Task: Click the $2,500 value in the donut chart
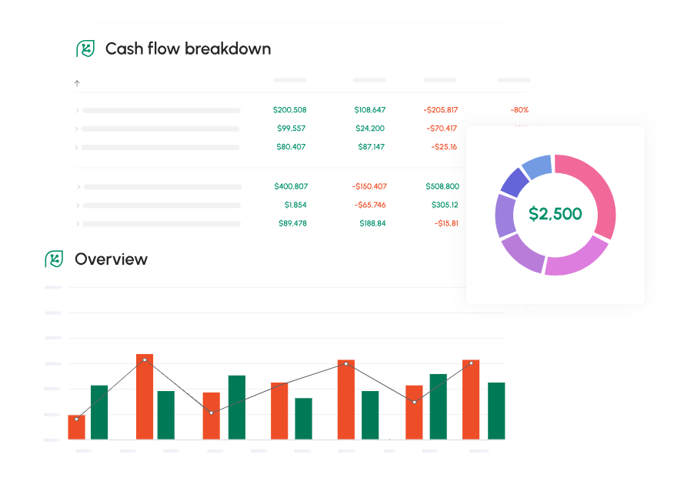[555, 214]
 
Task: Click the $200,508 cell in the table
[289, 110]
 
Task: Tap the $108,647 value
[369, 110]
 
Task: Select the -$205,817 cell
[440, 110]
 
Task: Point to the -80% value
[519, 110]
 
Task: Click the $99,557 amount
[291, 129]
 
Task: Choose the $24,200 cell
[370, 129]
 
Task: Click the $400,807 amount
[291, 186]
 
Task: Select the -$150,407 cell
[369, 186]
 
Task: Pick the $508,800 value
[442, 186]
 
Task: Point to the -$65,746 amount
[370, 205]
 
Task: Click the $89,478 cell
[292, 223]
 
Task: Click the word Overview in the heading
[111, 259]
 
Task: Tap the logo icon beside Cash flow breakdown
[85, 48]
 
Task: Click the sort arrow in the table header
[77, 83]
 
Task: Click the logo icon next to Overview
[53, 259]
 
